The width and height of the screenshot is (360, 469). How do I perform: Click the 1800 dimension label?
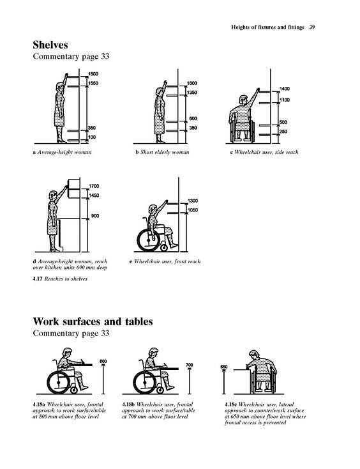(x=93, y=74)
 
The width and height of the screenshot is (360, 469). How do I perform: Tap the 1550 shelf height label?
(x=93, y=83)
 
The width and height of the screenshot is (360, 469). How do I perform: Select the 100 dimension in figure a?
(x=92, y=137)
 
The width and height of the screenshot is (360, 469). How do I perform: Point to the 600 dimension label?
(x=193, y=119)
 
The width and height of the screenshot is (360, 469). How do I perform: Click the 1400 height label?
(x=285, y=89)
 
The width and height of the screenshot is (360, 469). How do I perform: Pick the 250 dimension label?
(x=283, y=132)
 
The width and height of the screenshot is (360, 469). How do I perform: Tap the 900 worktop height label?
(x=95, y=216)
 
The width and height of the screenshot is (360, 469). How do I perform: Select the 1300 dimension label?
(x=193, y=201)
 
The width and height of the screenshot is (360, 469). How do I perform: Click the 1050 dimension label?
(x=193, y=210)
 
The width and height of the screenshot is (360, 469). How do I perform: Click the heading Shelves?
(x=50, y=45)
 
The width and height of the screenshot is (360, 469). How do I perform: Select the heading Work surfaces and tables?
(x=93, y=321)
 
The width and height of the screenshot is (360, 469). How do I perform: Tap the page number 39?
(x=312, y=27)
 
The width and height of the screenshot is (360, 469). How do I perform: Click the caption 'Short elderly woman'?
(x=165, y=152)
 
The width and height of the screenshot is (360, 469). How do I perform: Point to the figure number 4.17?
(x=38, y=279)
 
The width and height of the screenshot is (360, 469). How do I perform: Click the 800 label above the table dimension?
(x=103, y=362)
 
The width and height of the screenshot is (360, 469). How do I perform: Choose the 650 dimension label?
(x=224, y=367)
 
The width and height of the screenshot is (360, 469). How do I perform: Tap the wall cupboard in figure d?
(x=74, y=188)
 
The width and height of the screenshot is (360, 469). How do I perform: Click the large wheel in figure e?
(x=149, y=240)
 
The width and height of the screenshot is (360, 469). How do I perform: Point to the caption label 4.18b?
(x=128, y=404)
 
